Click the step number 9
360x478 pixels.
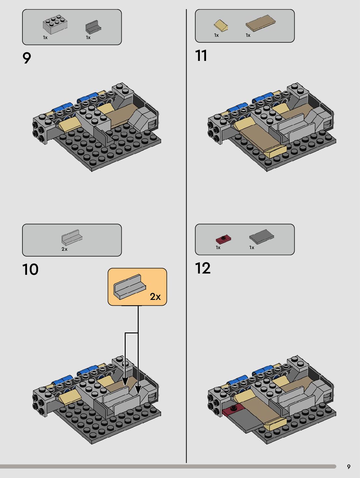pyautogui.click(x=27, y=58)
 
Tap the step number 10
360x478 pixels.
pyautogui.click(x=30, y=270)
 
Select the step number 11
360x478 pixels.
pyautogui.click(x=201, y=56)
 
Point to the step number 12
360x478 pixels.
pyautogui.click(x=203, y=268)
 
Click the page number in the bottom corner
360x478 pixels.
pyautogui.click(x=349, y=467)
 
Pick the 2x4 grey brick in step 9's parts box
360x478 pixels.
pyautogui.click(x=55, y=25)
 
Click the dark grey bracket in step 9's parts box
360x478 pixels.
pyautogui.click(x=93, y=27)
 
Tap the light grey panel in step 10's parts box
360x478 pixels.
pyautogui.click(x=72, y=237)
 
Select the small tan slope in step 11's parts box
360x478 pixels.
pyautogui.click(x=221, y=25)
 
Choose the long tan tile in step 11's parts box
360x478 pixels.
pyautogui.click(x=260, y=23)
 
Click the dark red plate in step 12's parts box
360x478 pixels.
pyautogui.click(x=223, y=239)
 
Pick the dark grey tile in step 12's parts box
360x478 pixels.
pyautogui.click(x=261, y=236)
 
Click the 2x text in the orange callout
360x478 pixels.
pyautogui.click(x=155, y=297)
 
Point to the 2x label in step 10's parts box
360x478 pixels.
pyautogui.click(x=64, y=249)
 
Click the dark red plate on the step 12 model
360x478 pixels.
pyautogui.click(x=231, y=411)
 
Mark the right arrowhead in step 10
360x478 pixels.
pyautogui.click(x=138, y=390)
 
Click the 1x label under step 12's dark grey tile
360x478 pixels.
pyautogui.click(x=252, y=247)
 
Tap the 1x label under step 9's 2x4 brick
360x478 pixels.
pyautogui.click(x=45, y=37)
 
